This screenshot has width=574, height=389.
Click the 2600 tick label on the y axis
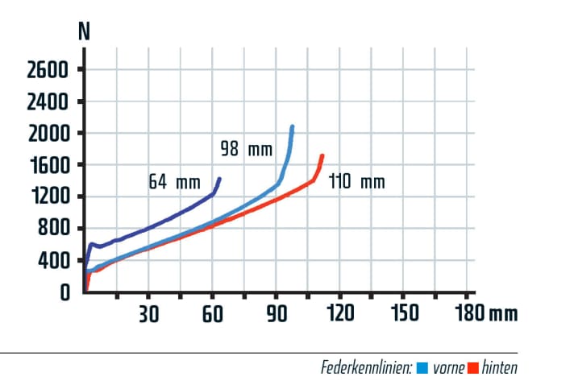(x=48, y=70)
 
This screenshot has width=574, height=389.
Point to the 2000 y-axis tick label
(x=48, y=134)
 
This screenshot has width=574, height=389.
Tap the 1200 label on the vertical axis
(x=48, y=197)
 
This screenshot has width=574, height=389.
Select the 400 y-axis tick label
(x=54, y=261)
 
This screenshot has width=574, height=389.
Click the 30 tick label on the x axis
(x=148, y=313)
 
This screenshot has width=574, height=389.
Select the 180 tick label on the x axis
(x=469, y=313)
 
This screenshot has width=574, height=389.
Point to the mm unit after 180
(x=503, y=314)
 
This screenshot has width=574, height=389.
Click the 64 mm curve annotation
(x=173, y=181)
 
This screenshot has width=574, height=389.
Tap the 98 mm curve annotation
(x=246, y=149)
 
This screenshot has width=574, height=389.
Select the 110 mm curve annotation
(x=356, y=182)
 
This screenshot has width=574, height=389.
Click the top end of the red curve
(x=322, y=156)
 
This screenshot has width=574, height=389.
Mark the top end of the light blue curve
(x=292, y=127)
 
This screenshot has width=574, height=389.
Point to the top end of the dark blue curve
(x=218, y=179)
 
